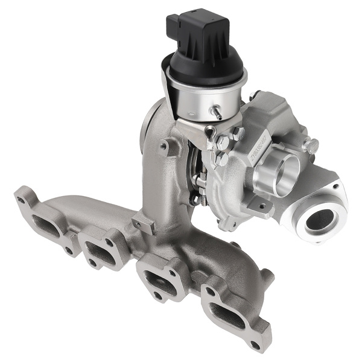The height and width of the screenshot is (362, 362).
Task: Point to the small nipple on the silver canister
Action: (x=216, y=112)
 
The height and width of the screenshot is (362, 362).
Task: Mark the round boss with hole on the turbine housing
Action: (x=164, y=145)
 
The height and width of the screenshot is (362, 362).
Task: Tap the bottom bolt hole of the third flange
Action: (x=157, y=296)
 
